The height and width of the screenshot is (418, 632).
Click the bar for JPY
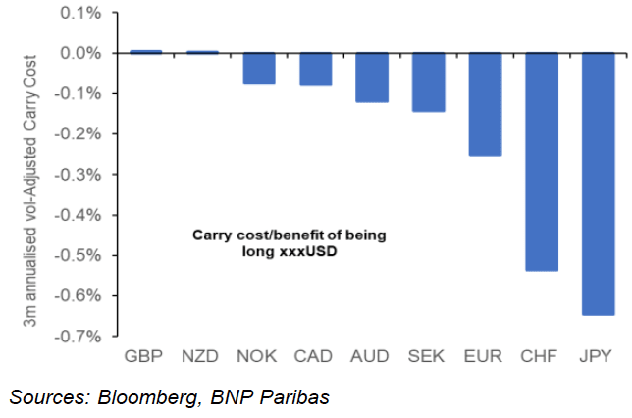(598, 183)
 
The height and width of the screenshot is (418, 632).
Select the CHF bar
(542, 162)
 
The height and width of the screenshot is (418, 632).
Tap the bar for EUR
(485, 104)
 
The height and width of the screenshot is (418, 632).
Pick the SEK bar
(428, 82)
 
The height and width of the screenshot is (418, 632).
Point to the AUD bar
(372, 78)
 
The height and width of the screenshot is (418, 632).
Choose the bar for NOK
(258, 69)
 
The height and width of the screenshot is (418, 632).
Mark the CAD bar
(315, 70)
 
